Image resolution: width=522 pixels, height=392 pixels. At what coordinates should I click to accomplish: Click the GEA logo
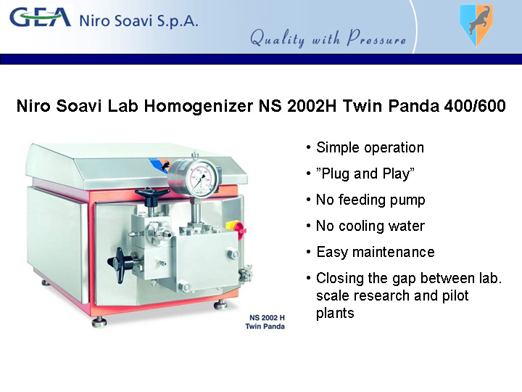41,17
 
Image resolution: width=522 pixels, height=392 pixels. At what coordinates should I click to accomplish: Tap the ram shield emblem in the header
476,25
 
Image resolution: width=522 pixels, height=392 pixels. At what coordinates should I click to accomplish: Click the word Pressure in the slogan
376,38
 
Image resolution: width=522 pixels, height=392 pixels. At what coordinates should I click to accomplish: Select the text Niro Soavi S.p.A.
138,20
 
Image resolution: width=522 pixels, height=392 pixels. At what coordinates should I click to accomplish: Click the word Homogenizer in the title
199,106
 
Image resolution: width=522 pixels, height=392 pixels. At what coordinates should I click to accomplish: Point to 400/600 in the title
475,106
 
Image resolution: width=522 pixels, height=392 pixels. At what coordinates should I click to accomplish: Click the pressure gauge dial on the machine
199,177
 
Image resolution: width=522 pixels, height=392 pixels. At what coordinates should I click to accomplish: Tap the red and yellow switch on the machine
236,227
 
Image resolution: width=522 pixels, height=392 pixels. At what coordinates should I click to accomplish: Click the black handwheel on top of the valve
152,196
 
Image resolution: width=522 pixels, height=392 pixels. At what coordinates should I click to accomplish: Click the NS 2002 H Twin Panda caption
265,322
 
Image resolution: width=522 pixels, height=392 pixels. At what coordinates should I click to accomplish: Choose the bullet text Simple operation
370,147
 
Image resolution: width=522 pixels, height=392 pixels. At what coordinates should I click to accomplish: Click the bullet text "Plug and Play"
365,173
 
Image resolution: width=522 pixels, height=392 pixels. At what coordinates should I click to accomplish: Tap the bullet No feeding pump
370,200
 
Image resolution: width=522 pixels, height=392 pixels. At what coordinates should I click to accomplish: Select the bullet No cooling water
370,226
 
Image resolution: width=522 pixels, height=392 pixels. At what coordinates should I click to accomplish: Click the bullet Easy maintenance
376,252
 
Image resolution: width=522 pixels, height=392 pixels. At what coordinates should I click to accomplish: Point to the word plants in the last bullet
335,314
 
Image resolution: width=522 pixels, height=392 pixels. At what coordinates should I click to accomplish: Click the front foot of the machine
99,322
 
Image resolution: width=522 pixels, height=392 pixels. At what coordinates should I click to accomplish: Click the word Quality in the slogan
277,38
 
